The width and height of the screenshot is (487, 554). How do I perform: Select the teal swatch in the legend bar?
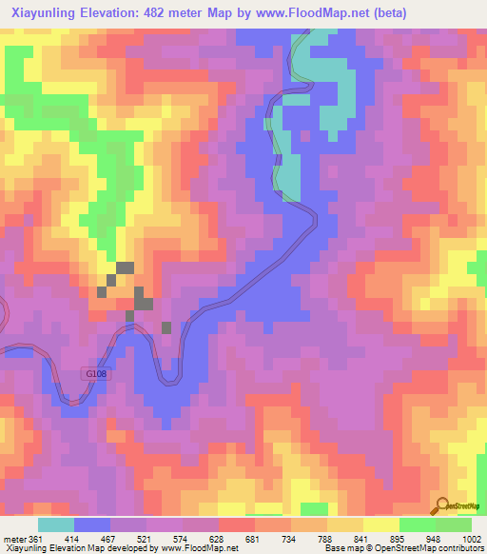pos(56,525)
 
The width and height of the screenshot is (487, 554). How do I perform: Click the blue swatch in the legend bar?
pos(92,525)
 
